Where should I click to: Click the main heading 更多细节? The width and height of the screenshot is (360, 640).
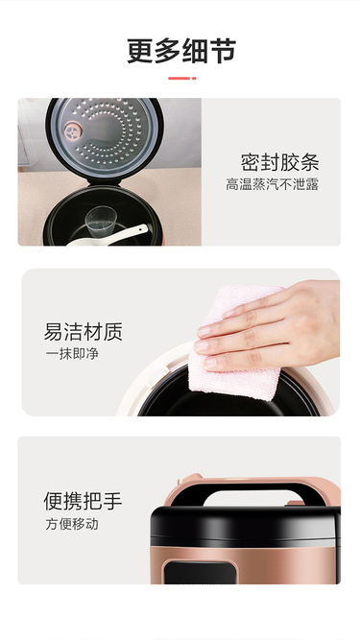click(x=181, y=51)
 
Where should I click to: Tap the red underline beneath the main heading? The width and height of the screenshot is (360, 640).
click(x=182, y=78)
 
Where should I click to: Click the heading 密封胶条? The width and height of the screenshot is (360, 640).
click(x=279, y=162)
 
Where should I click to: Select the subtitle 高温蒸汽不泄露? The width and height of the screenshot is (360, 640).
click(x=273, y=184)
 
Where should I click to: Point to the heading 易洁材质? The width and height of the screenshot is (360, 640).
click(x=84, y=332)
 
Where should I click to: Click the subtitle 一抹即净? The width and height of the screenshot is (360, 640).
click(x=72, y=353)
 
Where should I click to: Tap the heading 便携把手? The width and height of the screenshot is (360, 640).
click(x=84, y=501)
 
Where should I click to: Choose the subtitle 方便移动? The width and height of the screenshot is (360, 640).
click(x=72, y=524)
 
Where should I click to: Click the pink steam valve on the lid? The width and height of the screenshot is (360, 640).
click(x=73, y=131)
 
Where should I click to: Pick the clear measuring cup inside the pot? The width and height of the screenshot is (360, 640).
click(x=100, y=222)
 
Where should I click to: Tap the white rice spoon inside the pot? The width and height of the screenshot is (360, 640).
click(x=108, y=237)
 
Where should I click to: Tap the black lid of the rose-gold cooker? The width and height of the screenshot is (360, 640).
click(x=245, y=526)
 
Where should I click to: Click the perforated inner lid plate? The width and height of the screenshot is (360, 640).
click(x=106, y=134)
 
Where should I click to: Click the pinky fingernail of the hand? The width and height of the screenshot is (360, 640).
click(x=210, y=363)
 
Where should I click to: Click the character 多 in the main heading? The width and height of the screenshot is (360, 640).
click(x=168, y=51)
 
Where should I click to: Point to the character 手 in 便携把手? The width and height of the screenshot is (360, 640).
click(x=113, y=501)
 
